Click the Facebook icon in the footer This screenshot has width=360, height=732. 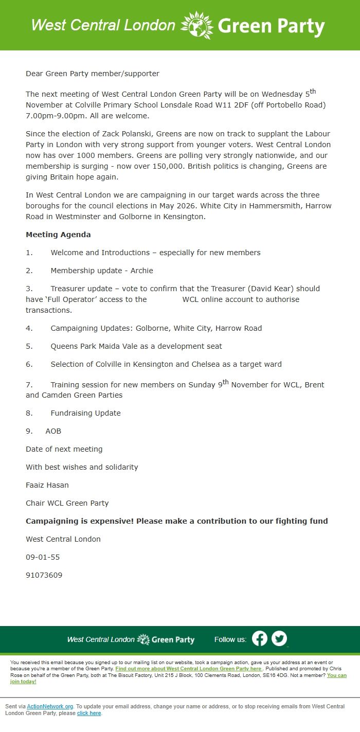click(x=260, y=638)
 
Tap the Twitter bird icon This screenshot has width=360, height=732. click(x=279, y=638)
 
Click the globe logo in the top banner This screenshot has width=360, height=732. click(x=197, y=25)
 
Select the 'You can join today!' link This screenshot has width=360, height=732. click(x=336, y=675)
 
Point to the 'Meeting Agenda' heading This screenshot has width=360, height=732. click(x=58, y=235)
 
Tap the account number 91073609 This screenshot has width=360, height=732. click(x=44, y=575)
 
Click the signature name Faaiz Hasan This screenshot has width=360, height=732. click(x=47, y=485)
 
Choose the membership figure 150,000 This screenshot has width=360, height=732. click(x=208, y=166)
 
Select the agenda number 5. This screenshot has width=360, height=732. click(x=29, y=346)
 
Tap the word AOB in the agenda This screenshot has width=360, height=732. click(x=53, y=431)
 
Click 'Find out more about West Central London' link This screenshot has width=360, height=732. click(x=188, y=669)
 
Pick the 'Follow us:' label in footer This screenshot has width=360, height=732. click(x=230, y=639)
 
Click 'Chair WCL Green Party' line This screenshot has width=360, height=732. click(x=67, y=503)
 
